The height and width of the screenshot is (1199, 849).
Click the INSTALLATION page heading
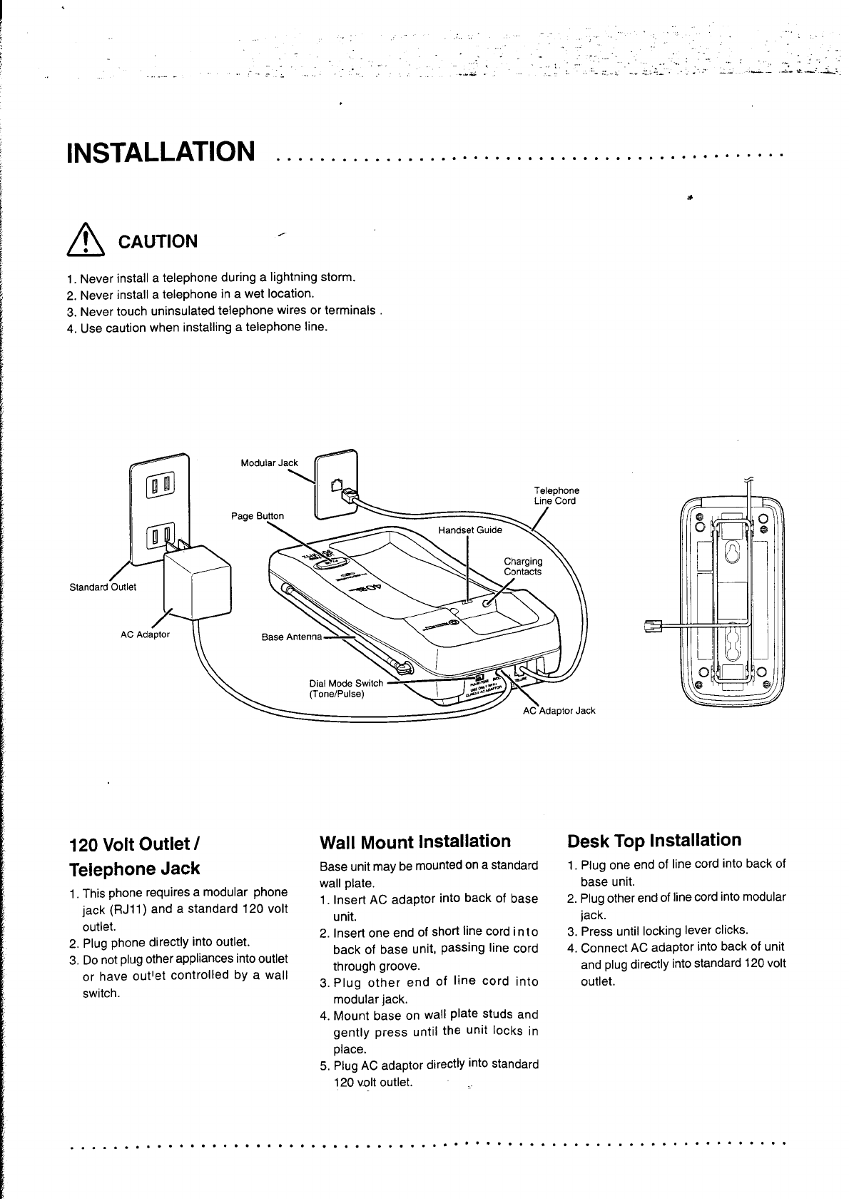(x=160, y=151)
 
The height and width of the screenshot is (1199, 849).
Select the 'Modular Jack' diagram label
(x=269, y=462)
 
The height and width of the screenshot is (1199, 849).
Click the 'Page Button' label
(x=257, y=515)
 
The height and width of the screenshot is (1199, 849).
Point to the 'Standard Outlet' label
(x=103, y=587)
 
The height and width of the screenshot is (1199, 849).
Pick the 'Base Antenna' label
(x=292, y=637)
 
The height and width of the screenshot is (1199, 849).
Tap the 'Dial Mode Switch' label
(x=346, y=683)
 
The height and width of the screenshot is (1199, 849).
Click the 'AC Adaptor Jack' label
(x=559, y=711)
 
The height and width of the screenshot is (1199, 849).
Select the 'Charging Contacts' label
(x=523, y=566)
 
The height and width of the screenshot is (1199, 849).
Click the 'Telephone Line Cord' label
(x=556, y=495)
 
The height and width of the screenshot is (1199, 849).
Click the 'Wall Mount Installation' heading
(x=415, y=841)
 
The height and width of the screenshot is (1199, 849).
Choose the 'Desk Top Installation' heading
(x=654, y=840)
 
